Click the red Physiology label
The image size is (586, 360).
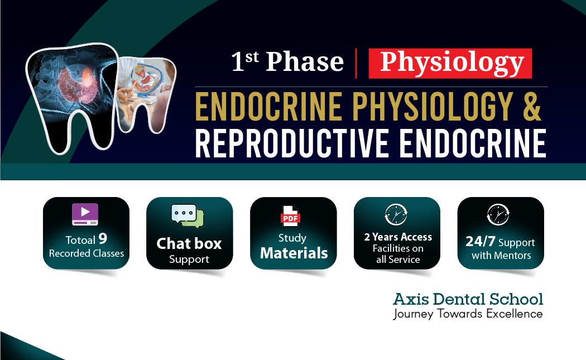click(x=450, y=63)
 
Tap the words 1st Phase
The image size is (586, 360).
click(x=287, y=62)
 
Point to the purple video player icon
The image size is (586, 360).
click(x=85, y=214)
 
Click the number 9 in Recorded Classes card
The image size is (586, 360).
click(x=103, y=239)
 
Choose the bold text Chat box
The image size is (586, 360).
click(x=189, y=243)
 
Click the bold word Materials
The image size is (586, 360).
click(x=294, y=253)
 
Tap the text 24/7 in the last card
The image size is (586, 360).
click(x=480, y=242)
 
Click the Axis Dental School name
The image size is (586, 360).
click(x=468, y=299)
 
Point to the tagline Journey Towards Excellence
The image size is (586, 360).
click(x=468, y=314)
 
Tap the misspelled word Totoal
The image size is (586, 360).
click(x=80, y=240)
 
